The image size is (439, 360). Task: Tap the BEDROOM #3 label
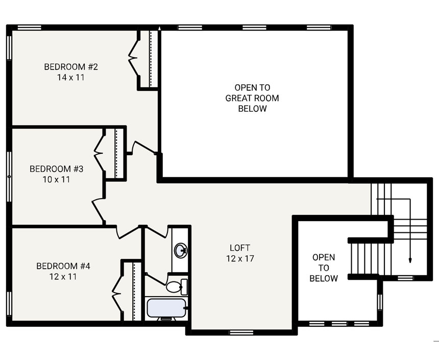(x=56, y=169)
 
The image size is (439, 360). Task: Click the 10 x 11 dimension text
(x=56, y=180)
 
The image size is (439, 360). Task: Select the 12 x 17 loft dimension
(x=240, y=259)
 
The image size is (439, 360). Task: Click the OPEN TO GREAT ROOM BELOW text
(x=252, y=98)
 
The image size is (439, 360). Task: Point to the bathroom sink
(x=180, y=250)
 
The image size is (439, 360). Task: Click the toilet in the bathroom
(x=176, y=286)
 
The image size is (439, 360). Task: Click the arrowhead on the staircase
(x=409, y=260)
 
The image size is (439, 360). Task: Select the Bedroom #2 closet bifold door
(x=134, y=59)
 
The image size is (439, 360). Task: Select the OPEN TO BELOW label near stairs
(x=324, y=268)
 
